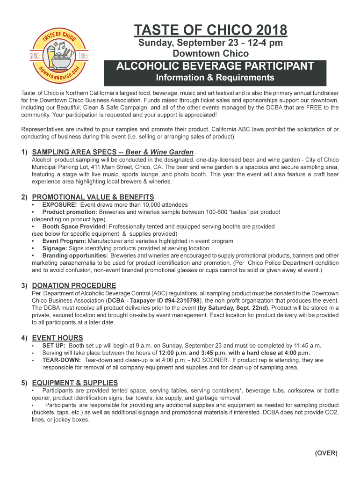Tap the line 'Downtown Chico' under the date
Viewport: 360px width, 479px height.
pyautogui.click(x=210, y=54)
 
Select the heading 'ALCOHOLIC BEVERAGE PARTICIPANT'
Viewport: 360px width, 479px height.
pyautogui.click(x=215, y=66)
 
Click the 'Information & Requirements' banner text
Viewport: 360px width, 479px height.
pyautogui.click(x=215, y=78)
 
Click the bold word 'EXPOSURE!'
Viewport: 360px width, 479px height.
pyautogui.click(x=59, y=205)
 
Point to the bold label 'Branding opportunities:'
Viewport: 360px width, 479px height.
pyautogui.click(x=75, y=255)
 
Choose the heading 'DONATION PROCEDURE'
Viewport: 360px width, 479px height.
pyautogui.click(x=74, y=285)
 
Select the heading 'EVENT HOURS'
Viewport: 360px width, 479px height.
pyautogui.click(x=58, y=338)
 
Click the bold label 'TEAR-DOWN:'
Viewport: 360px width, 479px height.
pyautogui.click(x=62, y=360)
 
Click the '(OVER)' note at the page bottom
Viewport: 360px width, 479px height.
pyautogui.click(x=326, y=453)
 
